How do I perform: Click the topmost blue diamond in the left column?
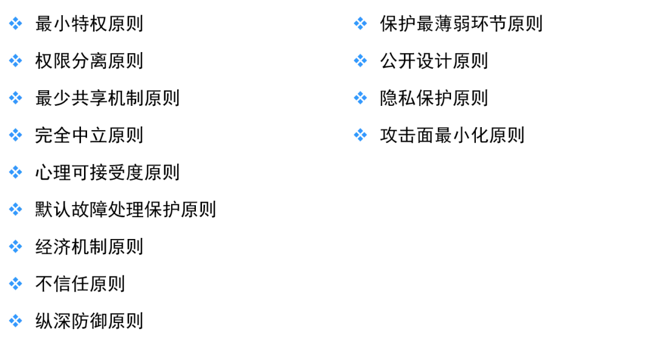pos(16,24)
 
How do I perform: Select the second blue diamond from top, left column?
pos(16,61)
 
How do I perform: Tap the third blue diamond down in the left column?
pos(16,97)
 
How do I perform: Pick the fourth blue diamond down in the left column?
pos(16,135)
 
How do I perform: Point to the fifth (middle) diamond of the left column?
pos(16,172)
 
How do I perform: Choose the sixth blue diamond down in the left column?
pos(16,209)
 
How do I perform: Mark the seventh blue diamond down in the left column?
pos(16,246)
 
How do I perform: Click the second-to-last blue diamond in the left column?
pos(16,283)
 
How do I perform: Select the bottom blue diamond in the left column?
pos(16,321)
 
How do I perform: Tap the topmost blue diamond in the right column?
pos(360,23)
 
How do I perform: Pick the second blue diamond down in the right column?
pos(360,61)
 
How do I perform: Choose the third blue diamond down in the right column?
pos(360,98)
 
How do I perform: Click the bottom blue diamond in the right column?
pos(360,134)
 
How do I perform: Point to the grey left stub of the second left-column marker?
pos(8,61)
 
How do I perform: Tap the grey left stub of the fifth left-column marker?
pos(8,172)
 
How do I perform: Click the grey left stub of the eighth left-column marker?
pos(8,283)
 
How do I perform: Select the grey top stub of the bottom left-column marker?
pos(16,312)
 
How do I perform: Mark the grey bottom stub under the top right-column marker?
pos(360,31)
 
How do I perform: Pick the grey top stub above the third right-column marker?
pos(360,90)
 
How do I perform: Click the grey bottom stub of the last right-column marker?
pos(360,143)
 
